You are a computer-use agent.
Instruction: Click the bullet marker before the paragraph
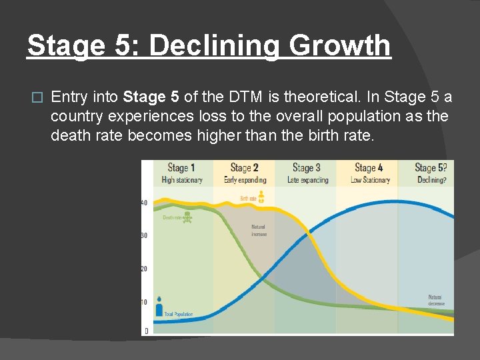pyautogui.click(x=37, y=98)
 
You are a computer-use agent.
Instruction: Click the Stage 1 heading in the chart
pyautogui.click(x=181, y=168)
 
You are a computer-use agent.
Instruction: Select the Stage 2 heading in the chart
pyautogui.click(x=244, y=168)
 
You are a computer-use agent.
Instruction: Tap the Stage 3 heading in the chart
pyautogui.click(x=307, y=168)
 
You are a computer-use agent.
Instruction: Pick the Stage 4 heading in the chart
pyautogui.click(x=369, y=168)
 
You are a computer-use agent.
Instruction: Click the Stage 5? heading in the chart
pyautogui.click(x=431, y=168)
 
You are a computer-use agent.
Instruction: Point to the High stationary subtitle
pyautogui.click(x=182, y=180)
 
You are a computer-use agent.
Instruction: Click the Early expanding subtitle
pyautogui.click(x=245, y=180)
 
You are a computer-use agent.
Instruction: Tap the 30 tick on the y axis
pyautogui.click(x=144, y=235)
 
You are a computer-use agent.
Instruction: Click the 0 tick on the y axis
pyautogui.click(x=146, y=331)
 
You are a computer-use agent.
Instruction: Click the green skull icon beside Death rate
pyautogui.click(x=188, y=217)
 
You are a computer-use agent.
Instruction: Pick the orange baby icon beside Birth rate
pyautogui.click(x=261, y=197)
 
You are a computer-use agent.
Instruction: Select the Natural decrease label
pyautogui.click(x=435, y=300)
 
